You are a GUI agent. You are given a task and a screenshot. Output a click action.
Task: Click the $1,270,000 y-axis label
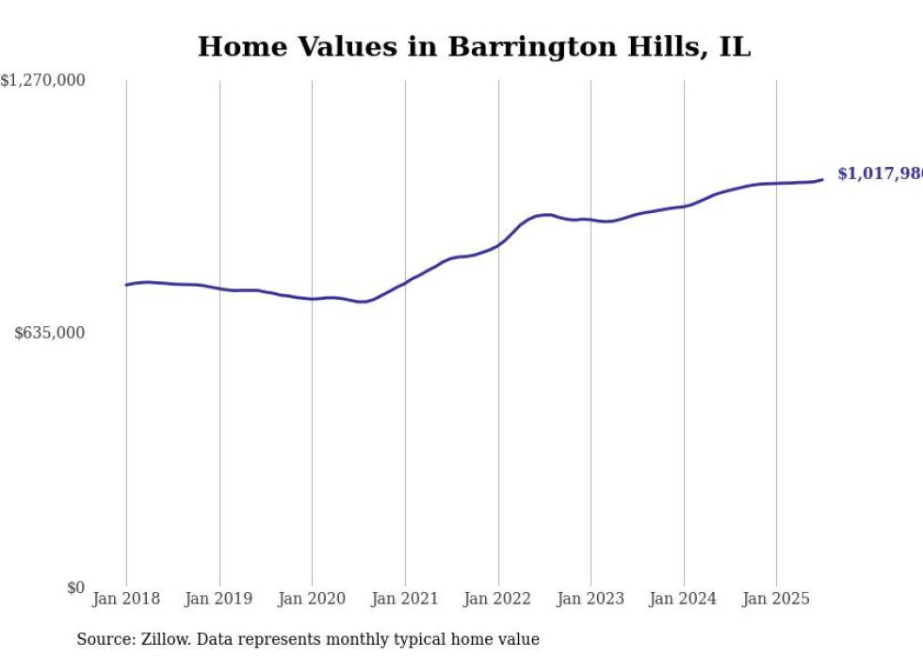pos(42,81)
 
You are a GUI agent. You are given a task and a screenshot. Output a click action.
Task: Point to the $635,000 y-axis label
pos(50,333)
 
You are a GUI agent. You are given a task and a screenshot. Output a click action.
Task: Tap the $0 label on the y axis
pos(75,587)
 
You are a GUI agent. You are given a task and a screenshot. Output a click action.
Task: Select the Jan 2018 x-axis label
pos(126,599)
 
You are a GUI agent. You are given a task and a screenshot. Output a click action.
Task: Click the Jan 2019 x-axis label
pos(219,599)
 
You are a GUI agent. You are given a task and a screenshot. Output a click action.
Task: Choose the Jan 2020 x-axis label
pos(312,599)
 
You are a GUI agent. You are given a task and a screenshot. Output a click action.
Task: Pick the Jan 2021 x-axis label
pos(405,599)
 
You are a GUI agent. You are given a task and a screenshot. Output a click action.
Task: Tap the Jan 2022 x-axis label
pos(497,599)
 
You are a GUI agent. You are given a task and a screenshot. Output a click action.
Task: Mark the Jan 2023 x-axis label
pos(591,599)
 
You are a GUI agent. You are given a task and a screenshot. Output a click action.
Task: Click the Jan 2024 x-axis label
pos(684,599)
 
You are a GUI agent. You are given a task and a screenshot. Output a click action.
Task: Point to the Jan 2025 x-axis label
pos(776,599)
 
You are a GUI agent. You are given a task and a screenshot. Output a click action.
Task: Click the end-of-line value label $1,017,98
pos(879,174)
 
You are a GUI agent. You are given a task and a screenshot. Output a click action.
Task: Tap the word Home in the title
pos(236,47)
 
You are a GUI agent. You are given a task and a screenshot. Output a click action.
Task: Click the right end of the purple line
pos(822,179)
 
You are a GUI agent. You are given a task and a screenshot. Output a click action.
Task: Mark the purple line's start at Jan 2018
pos(126,285)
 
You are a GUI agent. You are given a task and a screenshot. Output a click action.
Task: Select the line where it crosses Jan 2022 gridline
pos(498,246)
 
